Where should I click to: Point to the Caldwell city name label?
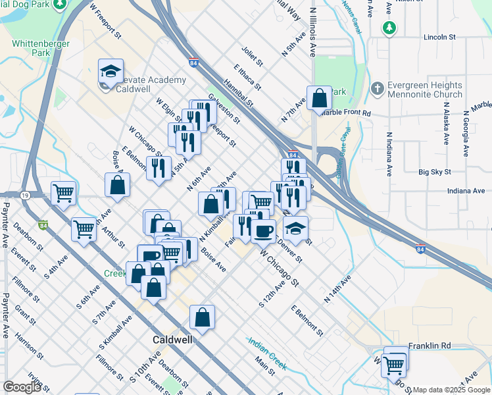click(172, 340)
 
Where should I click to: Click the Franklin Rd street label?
click(430, 346)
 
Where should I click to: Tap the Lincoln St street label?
click(439, 37)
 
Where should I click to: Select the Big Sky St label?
click(435, 172)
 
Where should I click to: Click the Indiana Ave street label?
click(466, 191)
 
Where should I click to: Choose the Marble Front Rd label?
click(347, 113)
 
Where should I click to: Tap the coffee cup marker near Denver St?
click(264, 230)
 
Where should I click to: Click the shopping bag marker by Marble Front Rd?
click(319, 99)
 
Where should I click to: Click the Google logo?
click(22, 387)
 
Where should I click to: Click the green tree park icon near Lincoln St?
click(389, 28)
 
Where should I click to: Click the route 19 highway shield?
click(24, 195)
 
